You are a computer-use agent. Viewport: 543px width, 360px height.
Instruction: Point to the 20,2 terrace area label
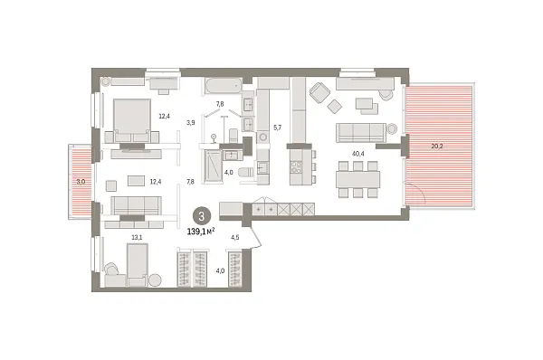[438, 144]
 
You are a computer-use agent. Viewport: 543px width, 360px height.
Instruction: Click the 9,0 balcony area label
[81, 182]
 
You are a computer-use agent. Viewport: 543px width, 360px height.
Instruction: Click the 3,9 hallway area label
[191, 122]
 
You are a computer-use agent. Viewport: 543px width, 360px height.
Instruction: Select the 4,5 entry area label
[235, 238]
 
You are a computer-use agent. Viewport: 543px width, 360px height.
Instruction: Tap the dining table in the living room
[357, 178]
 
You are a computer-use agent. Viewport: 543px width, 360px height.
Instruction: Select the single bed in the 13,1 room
[137, 265]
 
